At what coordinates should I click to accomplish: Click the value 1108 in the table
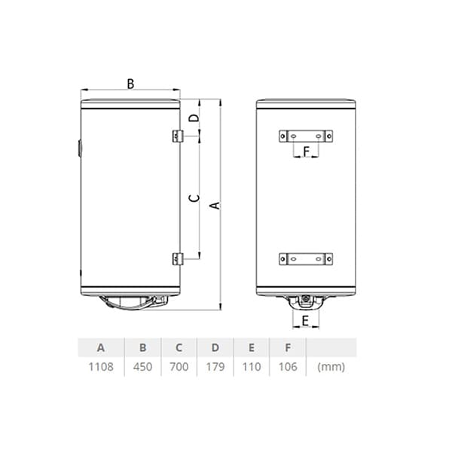pos(101,367)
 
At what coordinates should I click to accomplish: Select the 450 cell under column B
pos(142,367)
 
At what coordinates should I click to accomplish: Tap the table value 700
pos(179,367)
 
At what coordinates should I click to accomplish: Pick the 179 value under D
pos(215,367)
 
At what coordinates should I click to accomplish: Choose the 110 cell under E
pos(252,367)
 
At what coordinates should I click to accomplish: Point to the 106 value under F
pos(288,367)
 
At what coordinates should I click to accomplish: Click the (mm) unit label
pos(331,367)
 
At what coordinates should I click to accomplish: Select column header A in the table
pos(101,347)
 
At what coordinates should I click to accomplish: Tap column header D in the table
pos(215,347)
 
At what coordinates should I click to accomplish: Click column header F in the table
pos(288,347)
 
